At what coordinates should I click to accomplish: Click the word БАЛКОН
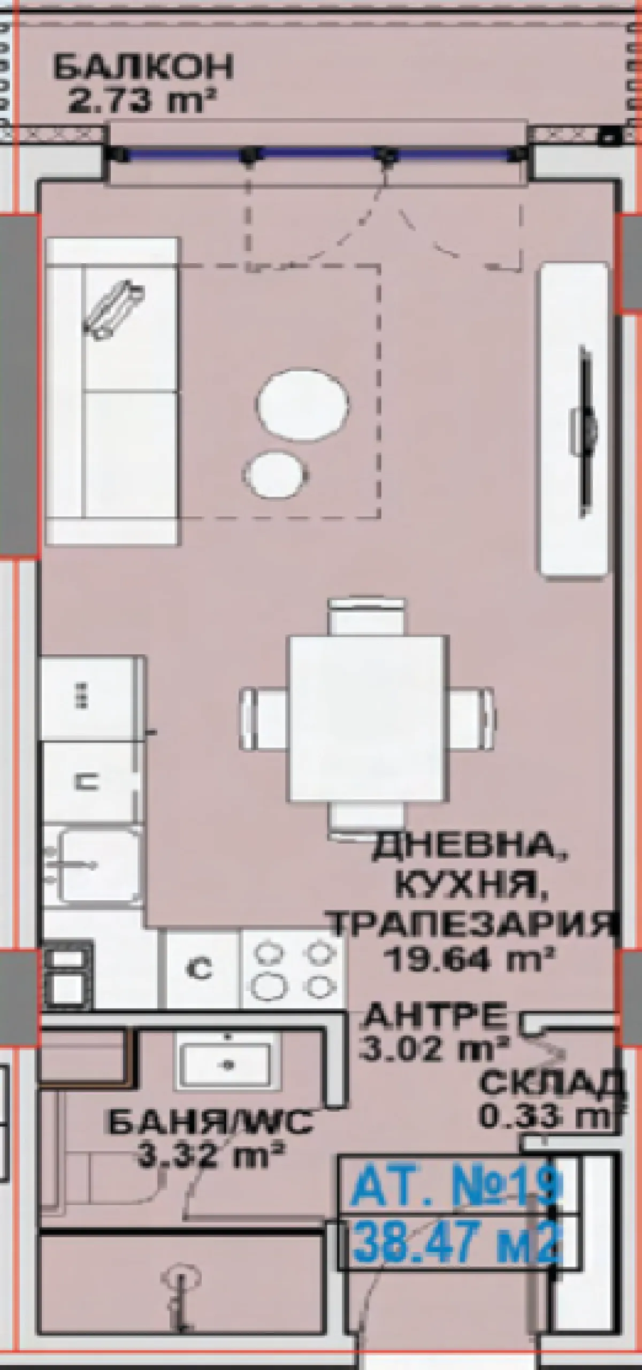click(143, 67)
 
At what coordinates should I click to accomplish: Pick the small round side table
click(277, 473)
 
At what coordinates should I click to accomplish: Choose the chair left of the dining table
click(264, 720)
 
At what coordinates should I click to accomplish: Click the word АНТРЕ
click(435, 1013)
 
